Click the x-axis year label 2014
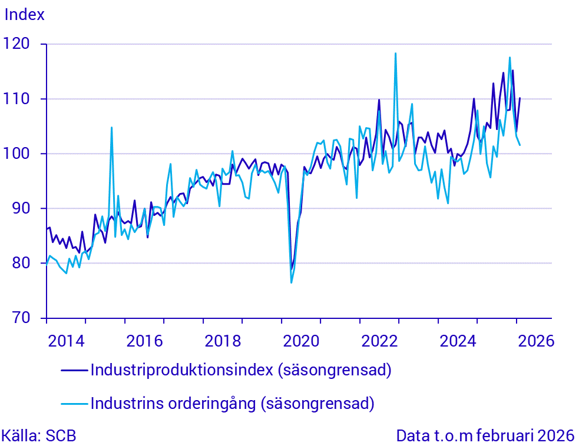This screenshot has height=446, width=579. click(65, 341)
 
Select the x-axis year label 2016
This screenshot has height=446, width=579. click(144, 341)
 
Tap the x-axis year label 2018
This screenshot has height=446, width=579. click(222, 341)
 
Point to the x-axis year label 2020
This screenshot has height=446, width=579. click(300, 341)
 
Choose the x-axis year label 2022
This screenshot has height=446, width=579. click(379, 341)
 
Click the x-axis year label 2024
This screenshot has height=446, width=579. click(457, 341)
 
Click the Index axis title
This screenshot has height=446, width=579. click(25, 15)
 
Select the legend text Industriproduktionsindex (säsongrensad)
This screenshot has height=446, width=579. click(241, 370)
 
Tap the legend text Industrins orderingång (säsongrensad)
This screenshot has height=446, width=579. click(232, 404)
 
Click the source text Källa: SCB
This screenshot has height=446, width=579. click(39, 436)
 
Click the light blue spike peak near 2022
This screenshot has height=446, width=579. click(395, 54)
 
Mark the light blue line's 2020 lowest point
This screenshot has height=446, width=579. click(291, 282)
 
